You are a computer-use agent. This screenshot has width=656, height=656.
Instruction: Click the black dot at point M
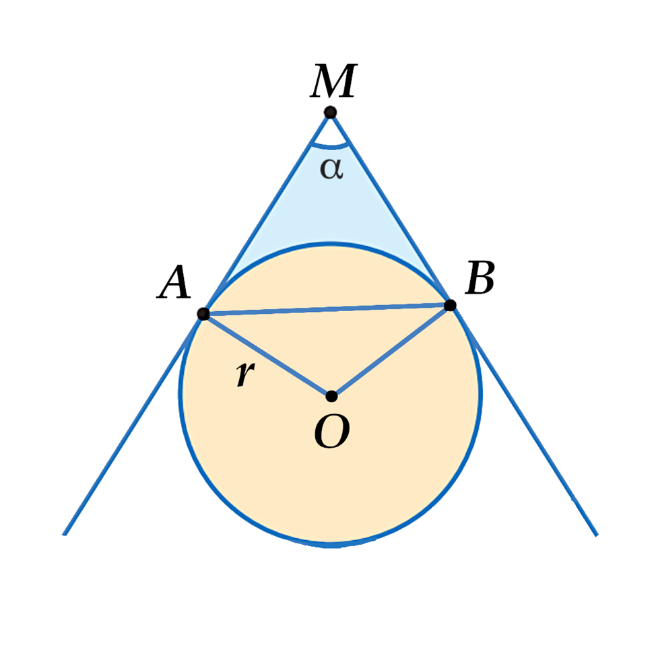pos(330,112)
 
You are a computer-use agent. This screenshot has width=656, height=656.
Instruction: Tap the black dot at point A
pos(203,314)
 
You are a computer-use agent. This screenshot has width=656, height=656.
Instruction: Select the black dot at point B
pos(450,305)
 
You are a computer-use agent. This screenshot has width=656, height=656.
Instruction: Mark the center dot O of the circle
pos(331,395)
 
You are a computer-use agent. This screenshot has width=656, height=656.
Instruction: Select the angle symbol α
pos(331,168)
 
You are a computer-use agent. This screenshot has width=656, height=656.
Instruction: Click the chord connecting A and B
pos(327,310)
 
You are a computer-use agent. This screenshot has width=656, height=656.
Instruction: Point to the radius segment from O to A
pos(267,355)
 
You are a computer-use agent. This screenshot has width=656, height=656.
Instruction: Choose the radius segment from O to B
pos(391,350)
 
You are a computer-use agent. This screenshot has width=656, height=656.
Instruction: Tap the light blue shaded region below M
pos(330,216)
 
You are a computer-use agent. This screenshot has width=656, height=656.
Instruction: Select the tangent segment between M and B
pos(390,209)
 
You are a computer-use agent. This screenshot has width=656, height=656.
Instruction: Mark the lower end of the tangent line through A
pos(65,533)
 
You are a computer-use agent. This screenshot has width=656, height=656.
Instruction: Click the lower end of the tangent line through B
pos(595,534)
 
